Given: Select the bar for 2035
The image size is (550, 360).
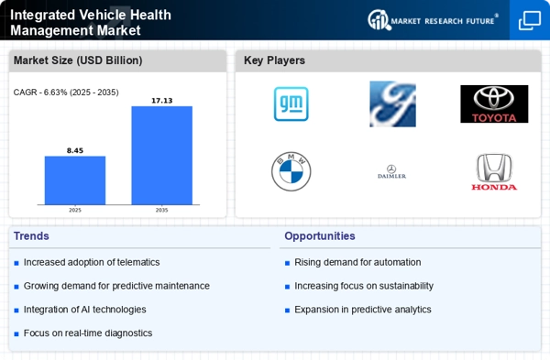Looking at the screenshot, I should point(161,155).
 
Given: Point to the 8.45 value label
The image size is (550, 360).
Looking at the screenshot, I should point(75,149).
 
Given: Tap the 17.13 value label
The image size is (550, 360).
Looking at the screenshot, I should point(161,100).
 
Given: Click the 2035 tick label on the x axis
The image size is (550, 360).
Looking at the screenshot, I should point(161,210).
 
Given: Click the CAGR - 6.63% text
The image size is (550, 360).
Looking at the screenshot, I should point(66,92).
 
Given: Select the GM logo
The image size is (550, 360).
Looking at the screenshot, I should point(291,104).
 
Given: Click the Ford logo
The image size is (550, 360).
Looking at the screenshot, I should point(392,104).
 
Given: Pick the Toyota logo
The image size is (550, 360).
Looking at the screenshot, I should point(494,104).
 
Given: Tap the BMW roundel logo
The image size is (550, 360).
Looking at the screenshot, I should point(291,171).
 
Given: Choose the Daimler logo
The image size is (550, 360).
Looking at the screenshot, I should point(392,171).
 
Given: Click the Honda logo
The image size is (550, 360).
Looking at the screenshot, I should point(494,172).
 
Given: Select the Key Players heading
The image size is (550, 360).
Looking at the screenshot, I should point(274,60).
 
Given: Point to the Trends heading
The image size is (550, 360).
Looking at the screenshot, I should point(32,235).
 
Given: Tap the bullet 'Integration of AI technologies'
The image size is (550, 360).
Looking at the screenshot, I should point(85,310).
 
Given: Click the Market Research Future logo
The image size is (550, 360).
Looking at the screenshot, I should point(433,19).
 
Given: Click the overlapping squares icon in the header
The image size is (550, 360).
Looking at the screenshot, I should point(529,20).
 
